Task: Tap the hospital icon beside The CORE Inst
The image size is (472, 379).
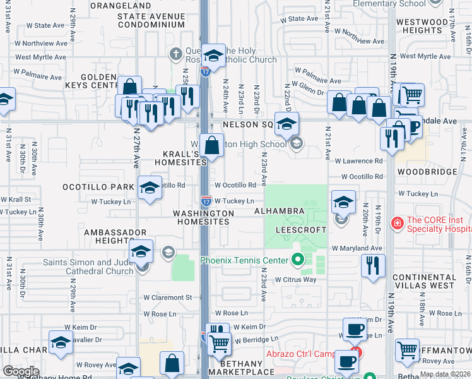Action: (x=397, y=223)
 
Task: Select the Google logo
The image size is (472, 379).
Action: (x=21, y=371)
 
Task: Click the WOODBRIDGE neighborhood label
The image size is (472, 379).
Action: (x=427, y=172)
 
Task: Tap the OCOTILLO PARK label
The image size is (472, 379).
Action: (x=97, y=187)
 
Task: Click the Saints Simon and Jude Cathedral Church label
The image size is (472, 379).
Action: (x=87, y=267)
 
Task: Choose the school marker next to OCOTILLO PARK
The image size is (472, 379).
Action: (x=149, y=188)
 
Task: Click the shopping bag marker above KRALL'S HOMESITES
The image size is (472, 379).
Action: (x=213, y=145)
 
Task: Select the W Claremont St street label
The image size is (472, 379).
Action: (x=167, y=297)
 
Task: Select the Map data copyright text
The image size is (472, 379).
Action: (x=445, y=375)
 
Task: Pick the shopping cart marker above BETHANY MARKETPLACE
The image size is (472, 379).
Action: (x=219, y=344)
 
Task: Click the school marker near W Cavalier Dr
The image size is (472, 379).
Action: (x=61, y=342)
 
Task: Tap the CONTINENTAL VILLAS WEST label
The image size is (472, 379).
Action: (x=432, y=281)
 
